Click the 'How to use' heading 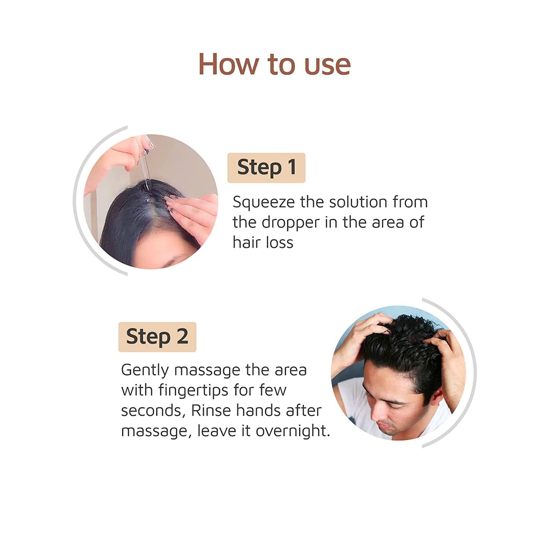274,64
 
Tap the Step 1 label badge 266,167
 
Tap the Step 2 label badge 157,337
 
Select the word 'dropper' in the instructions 290,223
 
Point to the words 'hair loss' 263,243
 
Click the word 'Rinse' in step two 211,411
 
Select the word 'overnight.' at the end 293,431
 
